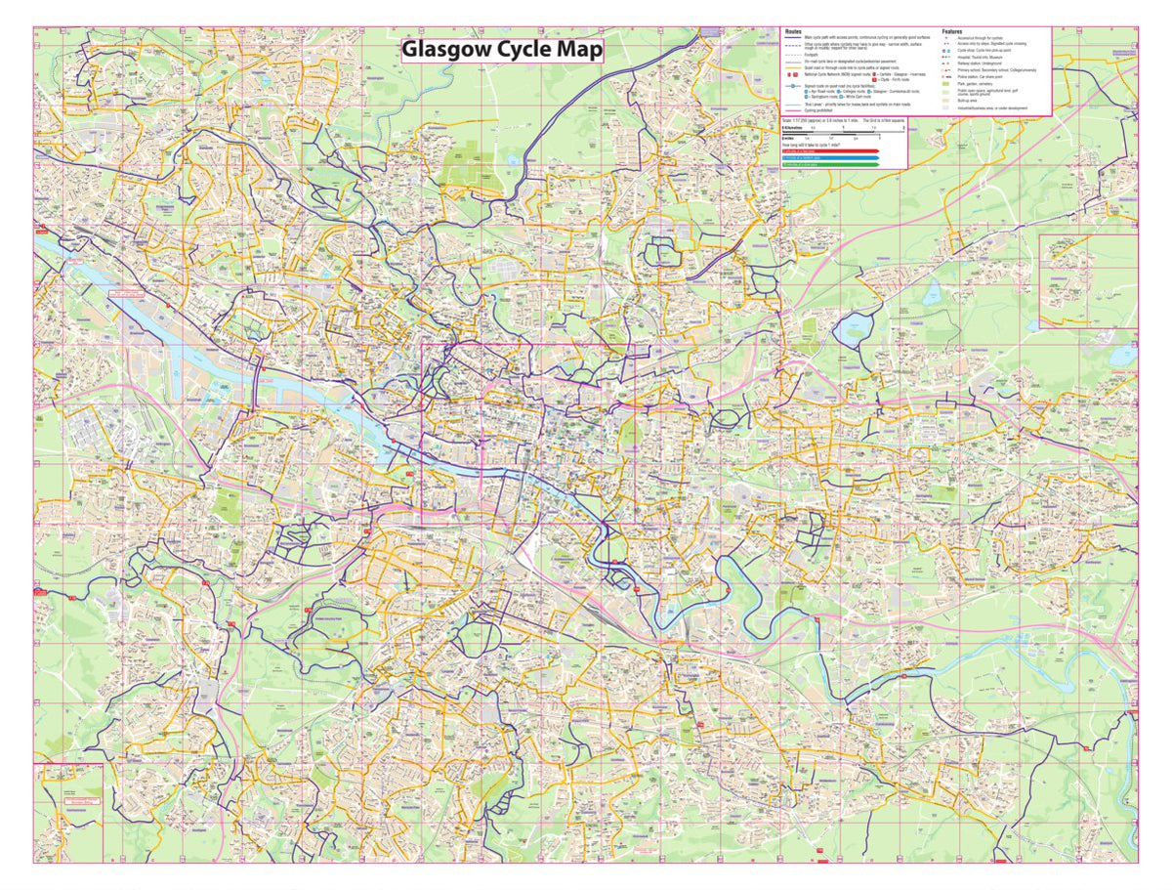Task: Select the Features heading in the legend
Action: [952, 31]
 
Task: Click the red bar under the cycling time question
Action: [830, 151]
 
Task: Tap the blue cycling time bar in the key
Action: [830, 158]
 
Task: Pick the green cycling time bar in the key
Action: [830, 164]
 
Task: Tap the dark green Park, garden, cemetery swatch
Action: [946, 84]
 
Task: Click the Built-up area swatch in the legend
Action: [946, 101]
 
